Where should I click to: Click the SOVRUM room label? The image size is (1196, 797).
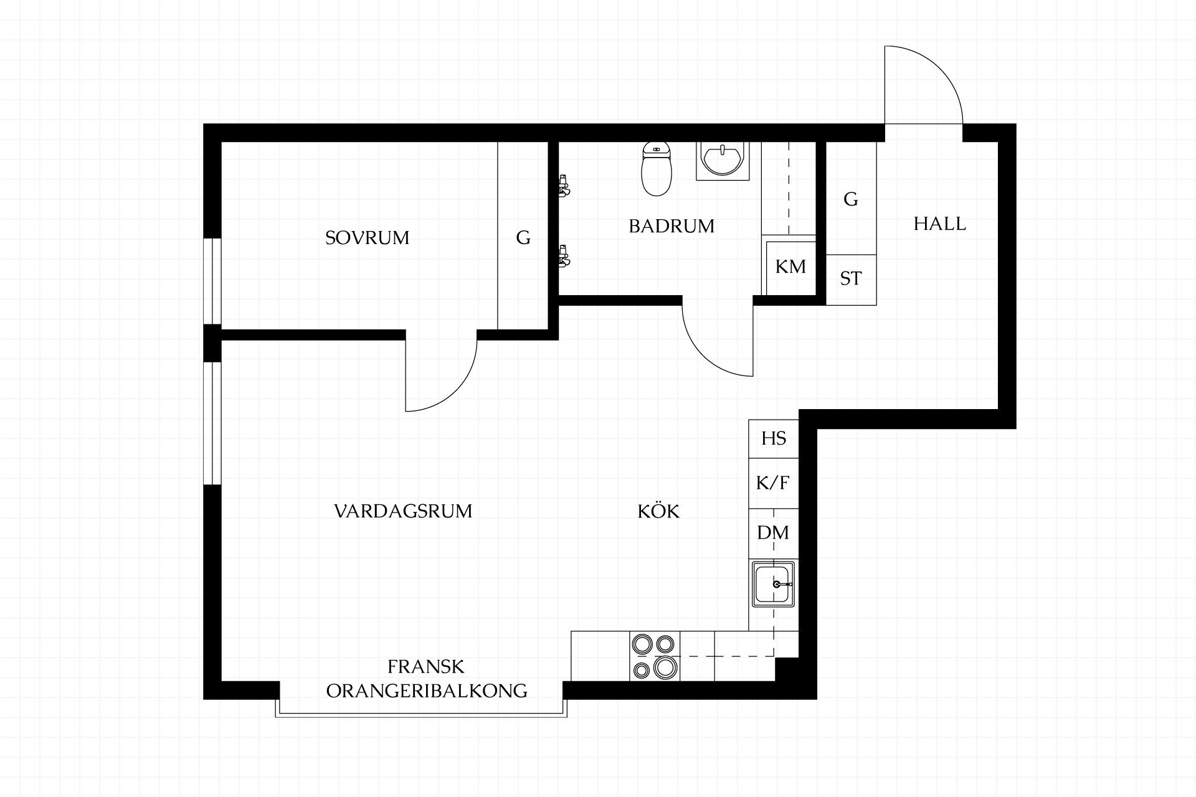pyautogui.click(x=367, y=238)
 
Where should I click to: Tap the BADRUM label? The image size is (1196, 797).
pyautogui.click(x=672, y=226)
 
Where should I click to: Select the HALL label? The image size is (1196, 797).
pyautogui.click(x=939, y=224)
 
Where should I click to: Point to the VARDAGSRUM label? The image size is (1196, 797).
pyautogui.click(x=403, y=511)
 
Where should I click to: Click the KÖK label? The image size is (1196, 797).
pyautogui.click(x=658, y=511)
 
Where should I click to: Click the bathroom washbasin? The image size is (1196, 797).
pyautogui.click(x=723, y=161)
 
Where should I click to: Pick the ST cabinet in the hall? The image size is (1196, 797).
pyautogui.click(x=851, y=280)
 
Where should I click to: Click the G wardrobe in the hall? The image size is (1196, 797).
pyautogui.click(x=851, y=199)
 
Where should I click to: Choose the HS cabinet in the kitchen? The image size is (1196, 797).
pyautogui.click(x=774, y=438)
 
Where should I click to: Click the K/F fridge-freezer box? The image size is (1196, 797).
pyautogui.click(x=774, y=483)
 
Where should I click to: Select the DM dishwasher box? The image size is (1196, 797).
pyautogui.click(x=774, y=533)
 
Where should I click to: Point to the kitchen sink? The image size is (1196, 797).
pyautogui.click(x=774, y=584)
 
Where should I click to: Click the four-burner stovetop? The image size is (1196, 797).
pyautogui.click(x=655, y=656)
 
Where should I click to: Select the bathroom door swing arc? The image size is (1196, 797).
pyautogui.click(x=703, y=356)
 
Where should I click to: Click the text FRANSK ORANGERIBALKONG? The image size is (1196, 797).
pyautogui.click(x=427, y=679)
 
